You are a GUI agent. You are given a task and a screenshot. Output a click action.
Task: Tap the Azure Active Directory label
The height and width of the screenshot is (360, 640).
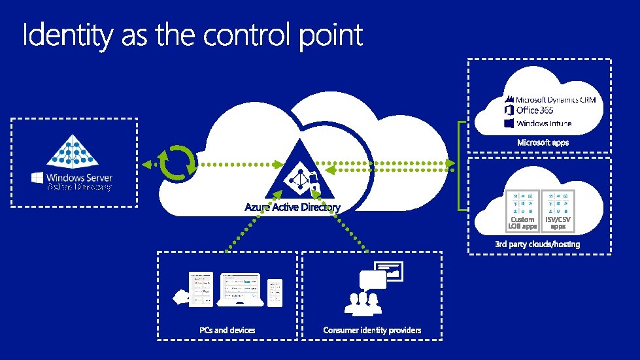(292, 207)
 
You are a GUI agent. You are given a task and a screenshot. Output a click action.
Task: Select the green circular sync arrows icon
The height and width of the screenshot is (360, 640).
(178, 163)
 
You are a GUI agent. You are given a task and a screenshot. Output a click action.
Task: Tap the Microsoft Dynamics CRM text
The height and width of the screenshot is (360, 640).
(556, 99)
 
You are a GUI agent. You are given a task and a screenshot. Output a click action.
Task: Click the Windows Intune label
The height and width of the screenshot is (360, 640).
(543, 123)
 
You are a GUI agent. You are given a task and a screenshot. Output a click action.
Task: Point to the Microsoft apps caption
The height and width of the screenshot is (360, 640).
(543, 142)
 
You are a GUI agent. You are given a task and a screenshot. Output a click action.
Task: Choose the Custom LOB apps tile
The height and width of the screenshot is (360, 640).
(522, 210)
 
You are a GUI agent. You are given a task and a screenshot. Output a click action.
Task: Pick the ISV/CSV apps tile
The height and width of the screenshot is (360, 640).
(558, 210)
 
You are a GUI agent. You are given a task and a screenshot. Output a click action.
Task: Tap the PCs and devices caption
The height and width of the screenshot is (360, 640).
(227, 330)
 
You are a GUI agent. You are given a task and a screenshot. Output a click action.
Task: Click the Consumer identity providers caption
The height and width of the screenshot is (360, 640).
(372, 330)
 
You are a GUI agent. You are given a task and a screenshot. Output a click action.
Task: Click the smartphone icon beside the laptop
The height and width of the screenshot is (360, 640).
(275, 293)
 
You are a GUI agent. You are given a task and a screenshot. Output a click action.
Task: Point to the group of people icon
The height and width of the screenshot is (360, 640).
(362, 301)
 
